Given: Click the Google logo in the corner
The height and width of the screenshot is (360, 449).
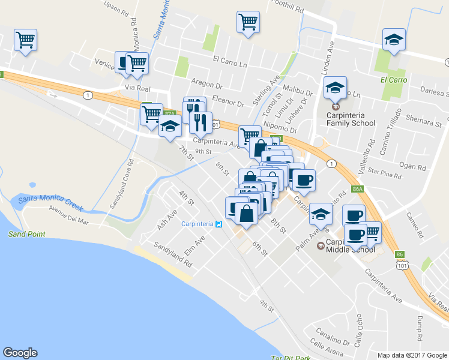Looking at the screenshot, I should point(20,353).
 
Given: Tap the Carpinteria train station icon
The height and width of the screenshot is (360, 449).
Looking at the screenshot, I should point(219,224).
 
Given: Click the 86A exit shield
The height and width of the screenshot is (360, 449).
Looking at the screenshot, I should point(358,189).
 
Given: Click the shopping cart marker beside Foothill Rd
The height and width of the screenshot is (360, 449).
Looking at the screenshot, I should point(248,22).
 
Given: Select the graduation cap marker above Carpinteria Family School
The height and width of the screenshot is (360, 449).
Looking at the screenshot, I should point(335,88).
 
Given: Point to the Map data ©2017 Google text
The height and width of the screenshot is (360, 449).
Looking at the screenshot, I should point(412,355).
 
